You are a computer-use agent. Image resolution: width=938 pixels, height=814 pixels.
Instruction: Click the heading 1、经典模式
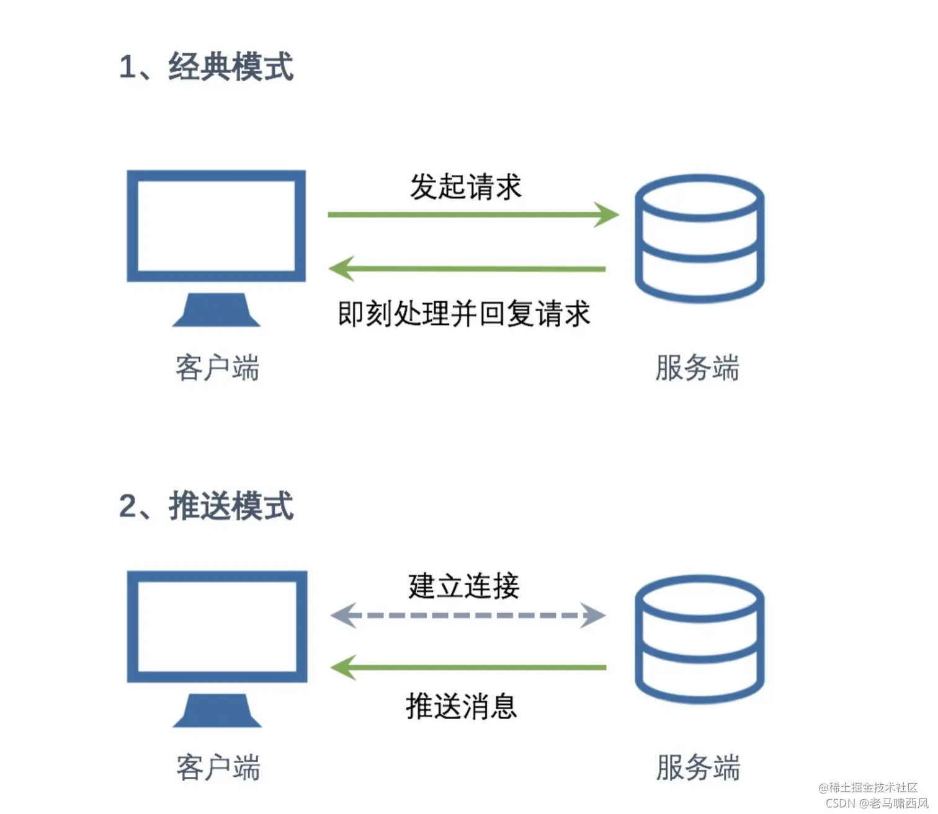[206, 66]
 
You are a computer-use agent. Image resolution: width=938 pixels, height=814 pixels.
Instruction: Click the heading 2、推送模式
[206, 506]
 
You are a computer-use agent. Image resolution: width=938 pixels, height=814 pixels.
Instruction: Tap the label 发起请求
[466, 187]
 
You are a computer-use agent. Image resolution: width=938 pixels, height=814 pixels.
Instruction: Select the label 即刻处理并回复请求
[464, 314]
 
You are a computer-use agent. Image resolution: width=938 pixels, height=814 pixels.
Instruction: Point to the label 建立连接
[463, 586]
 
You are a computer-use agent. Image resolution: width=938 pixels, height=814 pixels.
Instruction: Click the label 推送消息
[462, 706]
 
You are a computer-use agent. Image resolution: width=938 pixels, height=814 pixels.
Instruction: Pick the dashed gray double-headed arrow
[468, 615]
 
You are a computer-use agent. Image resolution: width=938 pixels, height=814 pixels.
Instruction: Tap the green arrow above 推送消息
[468, 667]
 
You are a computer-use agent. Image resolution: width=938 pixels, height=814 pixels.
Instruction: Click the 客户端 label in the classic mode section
[217, 368]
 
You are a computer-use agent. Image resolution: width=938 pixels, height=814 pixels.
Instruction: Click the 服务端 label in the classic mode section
[697, 368]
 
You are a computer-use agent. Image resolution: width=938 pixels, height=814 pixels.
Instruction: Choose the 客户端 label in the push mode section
[218, 768]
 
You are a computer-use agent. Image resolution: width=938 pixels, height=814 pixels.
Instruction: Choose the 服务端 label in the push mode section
[698, 768]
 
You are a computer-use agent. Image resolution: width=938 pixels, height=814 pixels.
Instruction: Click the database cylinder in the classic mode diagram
[699, 239]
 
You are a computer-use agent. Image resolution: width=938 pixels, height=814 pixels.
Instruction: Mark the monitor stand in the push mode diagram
[217, 710]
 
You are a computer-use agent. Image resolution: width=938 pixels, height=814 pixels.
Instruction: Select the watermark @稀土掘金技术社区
[868, 787]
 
